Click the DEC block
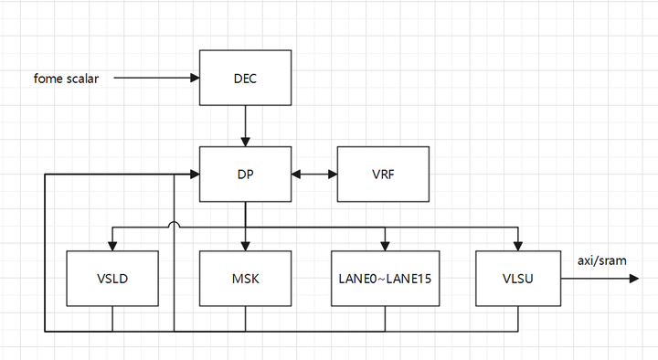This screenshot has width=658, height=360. [245, 78]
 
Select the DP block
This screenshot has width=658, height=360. [245, 174]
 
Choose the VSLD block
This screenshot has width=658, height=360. [111, 278]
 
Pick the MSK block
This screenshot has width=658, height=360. [245, 278]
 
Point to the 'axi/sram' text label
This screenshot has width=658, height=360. [601, 260]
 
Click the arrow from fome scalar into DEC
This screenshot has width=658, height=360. [155, 79]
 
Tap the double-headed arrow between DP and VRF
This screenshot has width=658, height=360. [314, 174]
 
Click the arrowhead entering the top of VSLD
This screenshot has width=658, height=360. [111, 244]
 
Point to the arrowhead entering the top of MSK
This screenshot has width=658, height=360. [245, 244]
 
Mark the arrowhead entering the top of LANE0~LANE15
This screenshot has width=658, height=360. [385, 244]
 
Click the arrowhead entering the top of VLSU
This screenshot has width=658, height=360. [519, 244]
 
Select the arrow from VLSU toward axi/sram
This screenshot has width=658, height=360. [599, 278]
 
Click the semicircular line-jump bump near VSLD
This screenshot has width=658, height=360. [174, 225]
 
